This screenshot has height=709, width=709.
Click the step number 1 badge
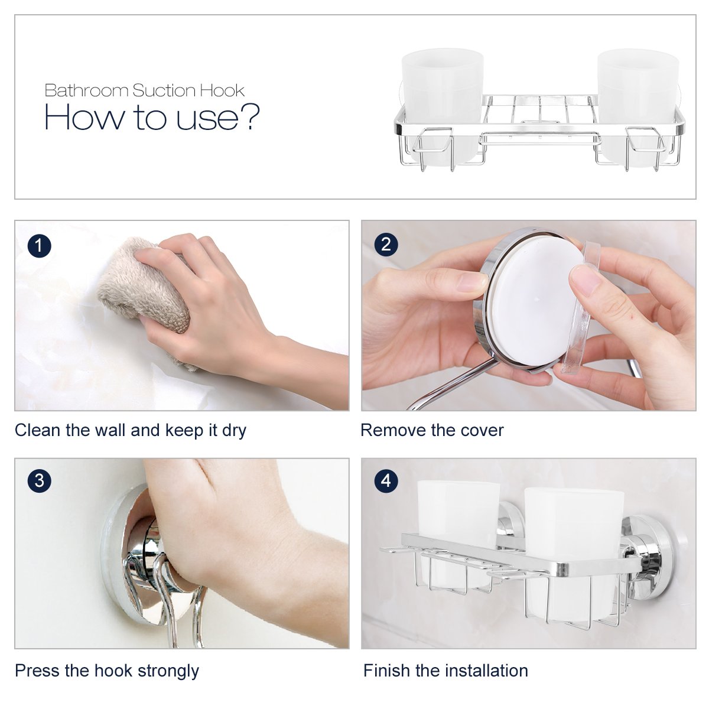[x=40, y=245]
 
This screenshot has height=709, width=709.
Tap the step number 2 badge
[x=386, y=245]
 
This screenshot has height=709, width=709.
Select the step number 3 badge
[x=40, y=480]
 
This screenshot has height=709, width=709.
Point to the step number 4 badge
[x=386, y=480]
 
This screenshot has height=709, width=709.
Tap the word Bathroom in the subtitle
[x=86, y=90]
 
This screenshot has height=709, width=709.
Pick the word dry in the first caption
[x=234, y=431]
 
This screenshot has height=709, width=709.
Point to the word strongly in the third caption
[x=168, y=671]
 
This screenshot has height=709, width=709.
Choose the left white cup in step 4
[x=458, y=530]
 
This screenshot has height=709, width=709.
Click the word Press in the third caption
[x=37, y=671]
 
